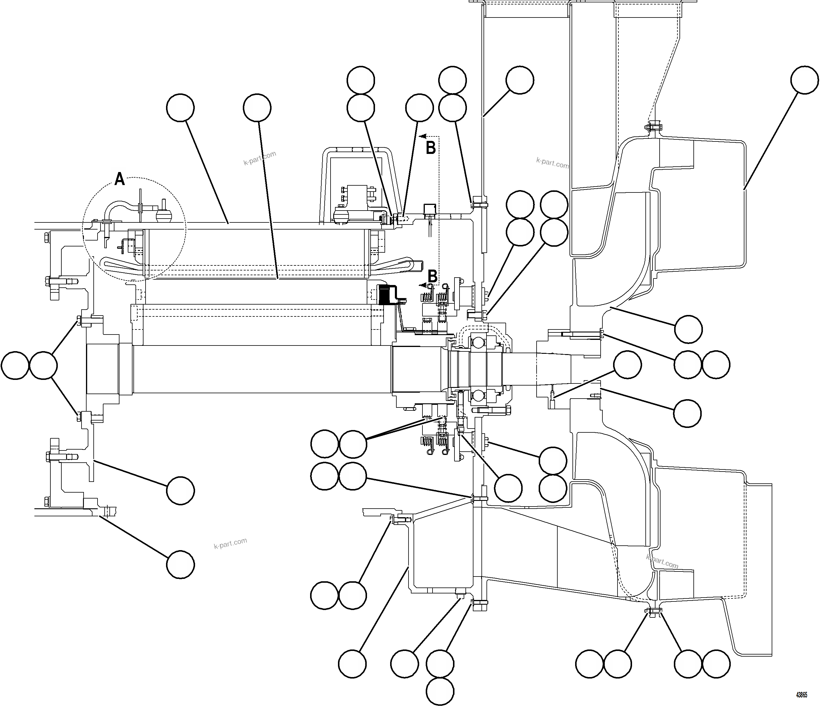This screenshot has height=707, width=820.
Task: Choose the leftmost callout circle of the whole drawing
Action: tap(15, 364)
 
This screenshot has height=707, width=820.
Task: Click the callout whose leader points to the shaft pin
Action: tap(627, 364)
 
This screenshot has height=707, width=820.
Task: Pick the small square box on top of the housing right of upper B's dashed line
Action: tap(429, 209)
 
